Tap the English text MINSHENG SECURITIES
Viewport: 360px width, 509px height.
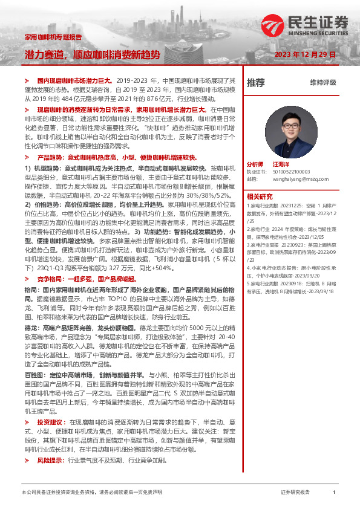coord(321,34)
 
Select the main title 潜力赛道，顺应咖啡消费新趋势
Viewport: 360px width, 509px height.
coord(92,54)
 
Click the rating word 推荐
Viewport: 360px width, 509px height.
coord(256,82)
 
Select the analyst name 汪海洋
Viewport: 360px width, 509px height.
coord(282,164)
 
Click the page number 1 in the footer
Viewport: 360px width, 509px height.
coord(334,493)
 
